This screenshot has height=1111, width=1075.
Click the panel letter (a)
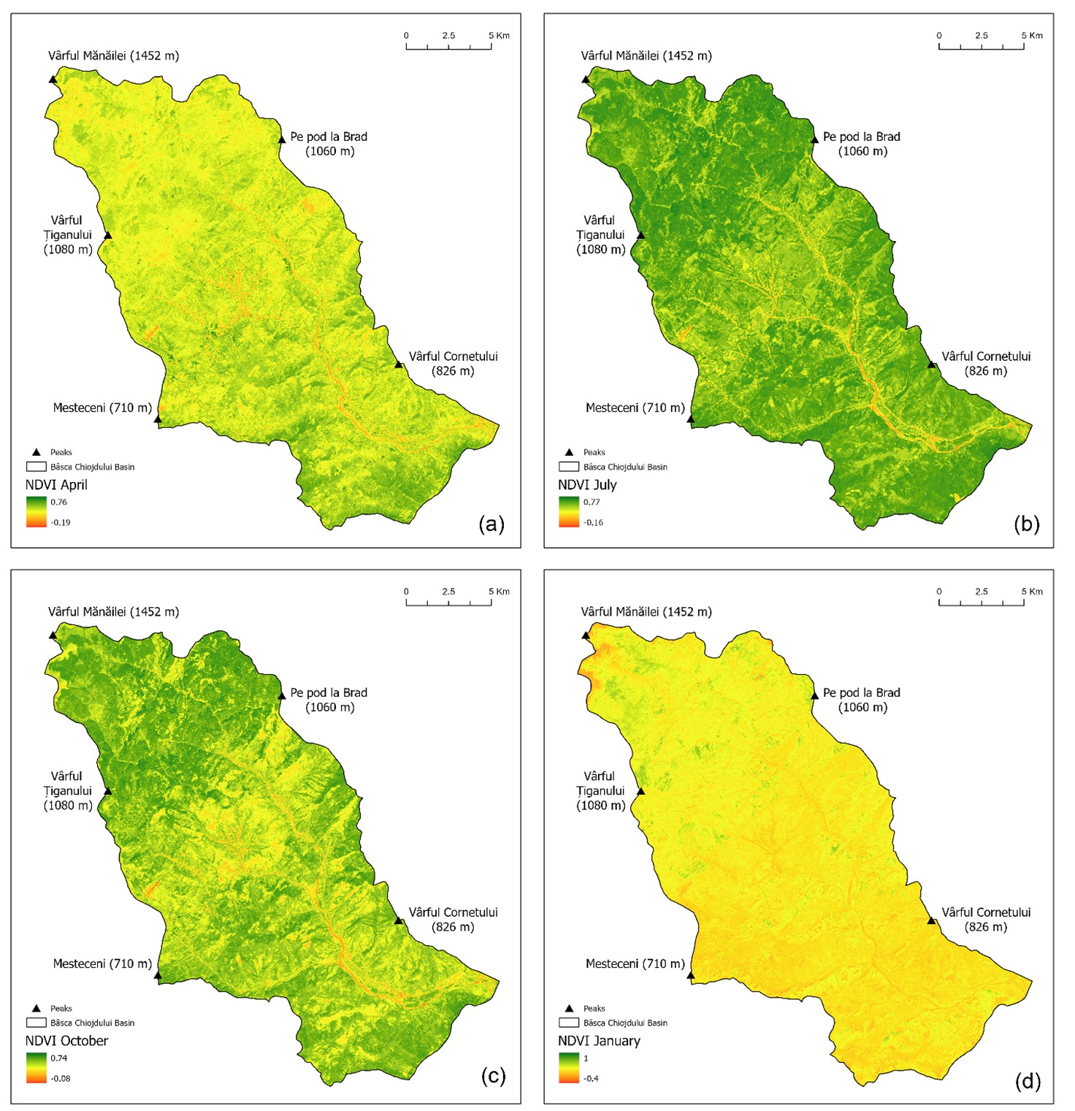(x=491, y=524)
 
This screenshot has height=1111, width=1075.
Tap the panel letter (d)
(x=1027, y=1080)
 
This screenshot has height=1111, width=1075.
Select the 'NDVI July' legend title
(x=587, y=485)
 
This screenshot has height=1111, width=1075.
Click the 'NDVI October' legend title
(x=66, y=1041)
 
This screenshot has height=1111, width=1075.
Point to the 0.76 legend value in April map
(x=58, y=503)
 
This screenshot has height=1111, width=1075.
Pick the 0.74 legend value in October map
(x=58, y=1058)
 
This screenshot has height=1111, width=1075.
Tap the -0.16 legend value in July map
(x=593, y=523)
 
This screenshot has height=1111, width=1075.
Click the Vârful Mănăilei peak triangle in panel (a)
(x=53, y=79)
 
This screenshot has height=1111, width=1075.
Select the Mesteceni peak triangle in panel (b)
(x=690, y=419)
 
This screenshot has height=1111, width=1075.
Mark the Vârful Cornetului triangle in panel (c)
(x=399, y=920)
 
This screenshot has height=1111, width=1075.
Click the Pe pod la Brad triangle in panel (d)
(x=814, y=695)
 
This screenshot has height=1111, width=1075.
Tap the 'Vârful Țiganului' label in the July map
(x=600, y=234)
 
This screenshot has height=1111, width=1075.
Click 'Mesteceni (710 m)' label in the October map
(x=102, y=964)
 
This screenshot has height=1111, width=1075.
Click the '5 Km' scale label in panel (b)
(x=1032, y=35)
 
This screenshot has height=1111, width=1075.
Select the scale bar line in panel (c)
(x=448, y=604)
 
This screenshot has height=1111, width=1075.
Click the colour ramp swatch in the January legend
(x=569, y=1068)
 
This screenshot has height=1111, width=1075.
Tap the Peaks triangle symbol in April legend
(x=37, y=452)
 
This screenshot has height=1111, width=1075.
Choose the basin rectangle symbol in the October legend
(x=37, y=1023)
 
